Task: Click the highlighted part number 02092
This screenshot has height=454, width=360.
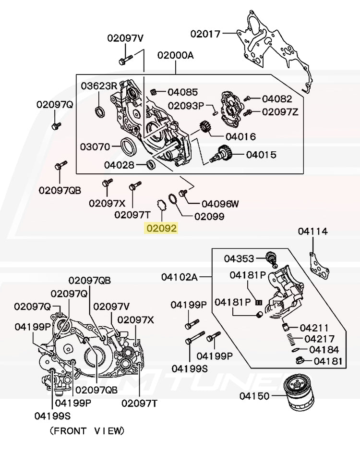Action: (161, 229)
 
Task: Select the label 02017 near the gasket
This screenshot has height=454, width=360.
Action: (205, 34)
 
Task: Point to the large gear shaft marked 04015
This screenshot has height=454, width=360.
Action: (225, 155)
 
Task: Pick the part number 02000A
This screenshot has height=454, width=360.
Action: (175, 55)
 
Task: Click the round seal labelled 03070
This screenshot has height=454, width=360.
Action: (128, 147)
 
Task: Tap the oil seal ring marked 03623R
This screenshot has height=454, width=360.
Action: (100, 111)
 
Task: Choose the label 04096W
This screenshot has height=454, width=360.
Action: (220, 204)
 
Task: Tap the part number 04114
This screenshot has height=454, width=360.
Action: (312, 232)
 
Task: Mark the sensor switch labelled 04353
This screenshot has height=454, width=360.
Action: (272, 258)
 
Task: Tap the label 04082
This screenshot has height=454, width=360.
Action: (277, 99)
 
